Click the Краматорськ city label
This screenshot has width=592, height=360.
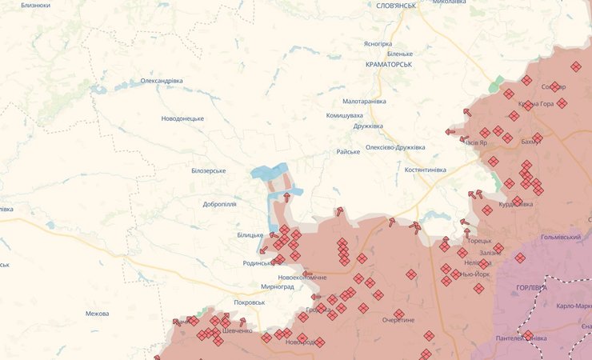click(x=387, y=64)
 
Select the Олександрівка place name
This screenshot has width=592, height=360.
click(x=162, y=81)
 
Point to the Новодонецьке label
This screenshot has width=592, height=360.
click(x=182, y=118)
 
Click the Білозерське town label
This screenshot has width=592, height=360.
click(x=208, y=170)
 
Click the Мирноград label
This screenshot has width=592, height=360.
click(x=278, y=286)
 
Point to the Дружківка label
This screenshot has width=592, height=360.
click(x=368, y=126)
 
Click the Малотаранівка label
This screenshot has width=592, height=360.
click(x=364, y=102)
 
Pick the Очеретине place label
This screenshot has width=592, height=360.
click(x=398, y=320)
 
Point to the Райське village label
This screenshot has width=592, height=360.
click(x=348, y=151)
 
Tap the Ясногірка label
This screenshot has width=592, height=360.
click(x=378, y=43)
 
